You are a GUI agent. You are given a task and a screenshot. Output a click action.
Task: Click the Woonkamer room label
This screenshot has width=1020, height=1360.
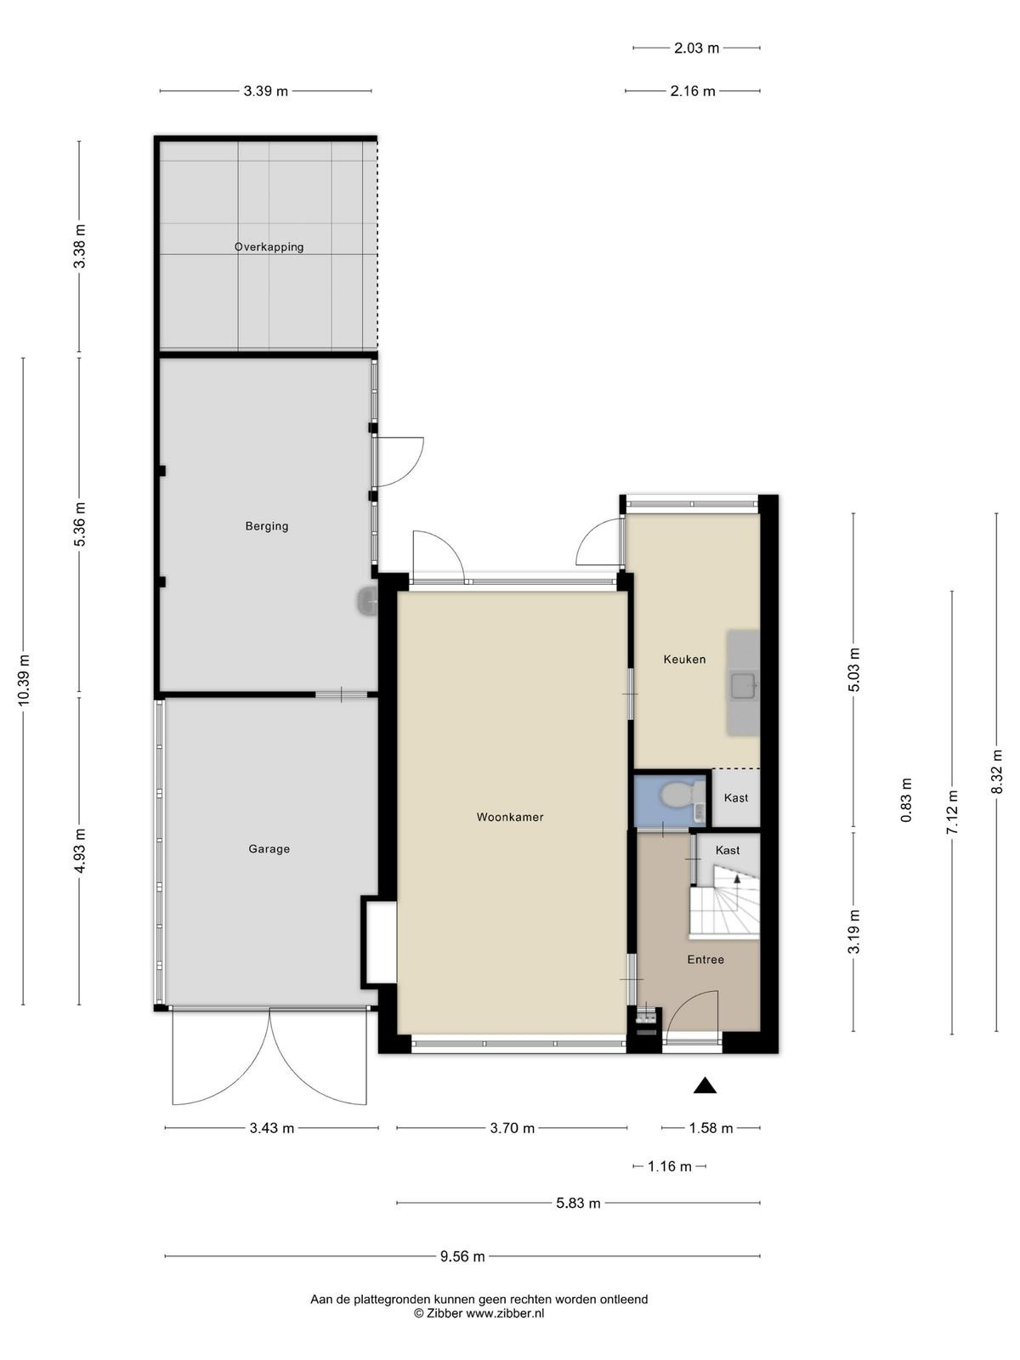(510, 817)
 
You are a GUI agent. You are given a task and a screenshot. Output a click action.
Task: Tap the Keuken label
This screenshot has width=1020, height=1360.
(684, 660)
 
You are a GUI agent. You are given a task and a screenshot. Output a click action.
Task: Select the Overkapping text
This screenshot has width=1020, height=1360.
(269, 247)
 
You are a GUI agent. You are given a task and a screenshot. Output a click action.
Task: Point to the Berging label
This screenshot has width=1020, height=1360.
(267, 527)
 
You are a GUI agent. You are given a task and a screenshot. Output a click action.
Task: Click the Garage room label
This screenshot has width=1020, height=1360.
(269, 849)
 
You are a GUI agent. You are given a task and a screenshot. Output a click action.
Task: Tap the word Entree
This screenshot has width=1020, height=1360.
(705, 959)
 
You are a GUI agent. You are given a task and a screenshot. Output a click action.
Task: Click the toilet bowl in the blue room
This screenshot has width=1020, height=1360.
(677, 796)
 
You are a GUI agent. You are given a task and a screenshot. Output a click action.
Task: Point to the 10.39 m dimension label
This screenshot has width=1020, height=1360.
(24, 680)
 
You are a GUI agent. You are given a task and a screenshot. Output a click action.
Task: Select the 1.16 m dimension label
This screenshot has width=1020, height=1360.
(670, 1167)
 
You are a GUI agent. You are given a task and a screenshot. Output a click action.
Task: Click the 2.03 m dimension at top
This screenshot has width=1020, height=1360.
(697, 48)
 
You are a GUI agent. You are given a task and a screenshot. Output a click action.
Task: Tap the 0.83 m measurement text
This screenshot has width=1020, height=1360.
(907, 800)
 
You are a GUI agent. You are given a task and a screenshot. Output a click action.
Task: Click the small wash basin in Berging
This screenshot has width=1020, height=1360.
(366, 600)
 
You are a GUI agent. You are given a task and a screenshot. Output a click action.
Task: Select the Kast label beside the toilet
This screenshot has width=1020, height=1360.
(736, 798)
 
